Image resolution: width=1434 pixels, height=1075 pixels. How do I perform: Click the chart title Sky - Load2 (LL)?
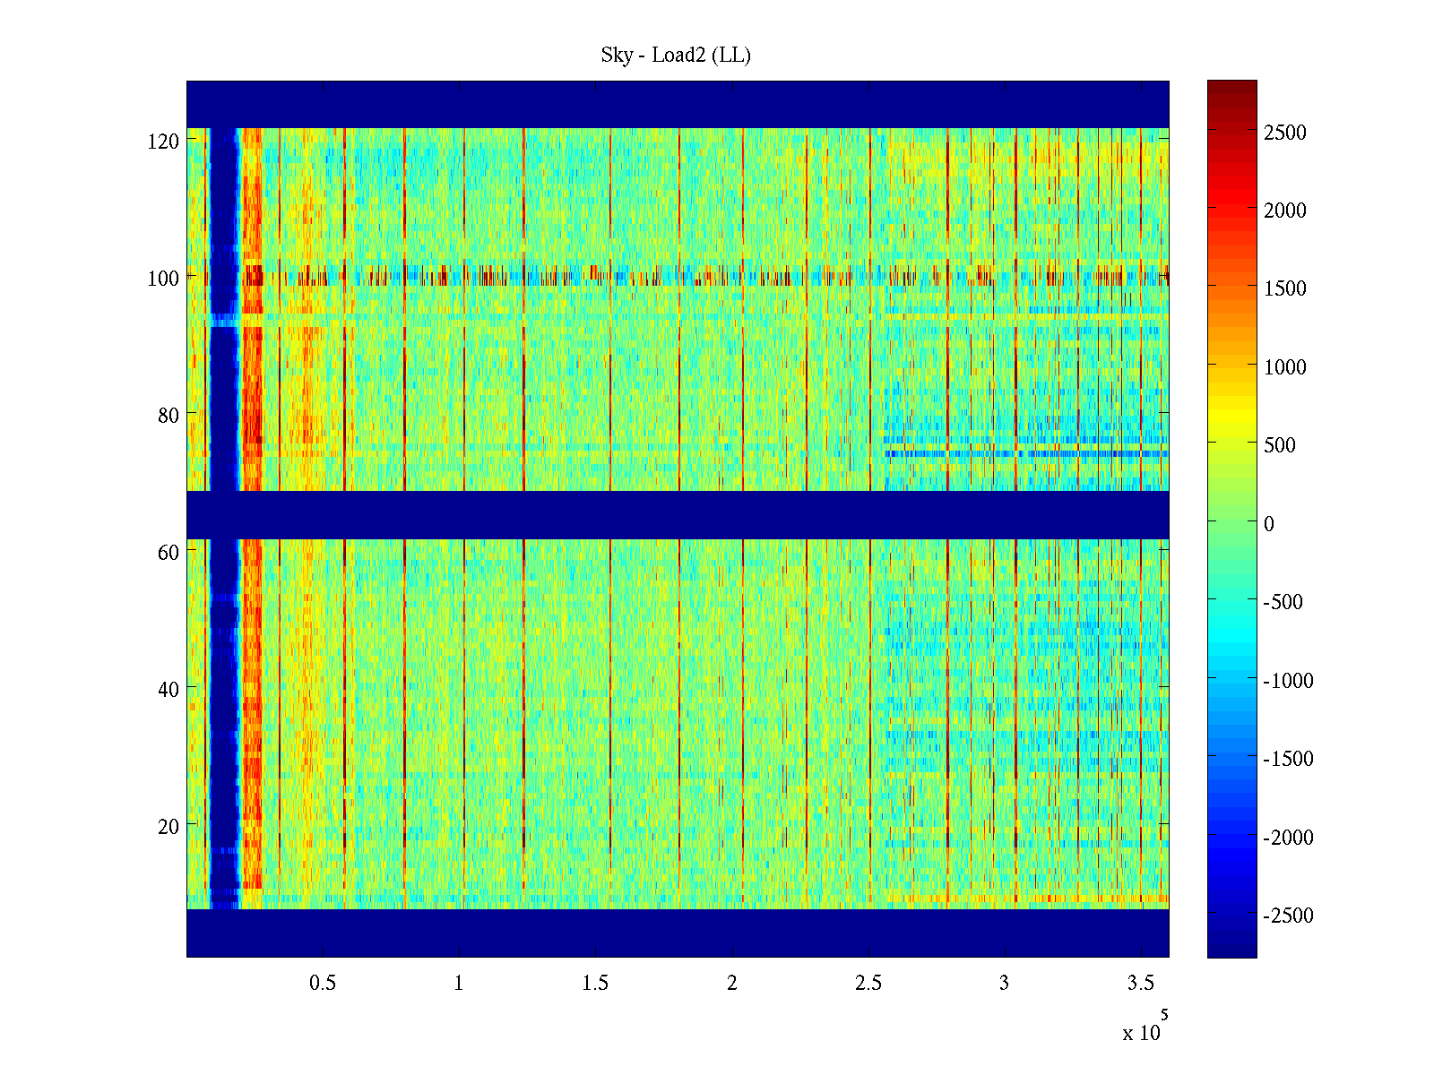tap(676, 56)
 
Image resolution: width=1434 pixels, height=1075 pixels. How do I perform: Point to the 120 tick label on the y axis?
tap(163, 142)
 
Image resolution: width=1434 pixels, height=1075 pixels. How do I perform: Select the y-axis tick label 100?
tap(163, 279)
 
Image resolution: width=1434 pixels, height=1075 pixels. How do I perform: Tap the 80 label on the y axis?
tap(168, 416)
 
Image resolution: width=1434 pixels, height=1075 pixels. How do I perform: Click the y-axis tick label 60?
tap(168, 553)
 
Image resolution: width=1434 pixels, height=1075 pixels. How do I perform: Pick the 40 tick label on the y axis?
tap(168, 690)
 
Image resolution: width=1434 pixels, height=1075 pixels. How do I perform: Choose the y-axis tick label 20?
tap(168, 827)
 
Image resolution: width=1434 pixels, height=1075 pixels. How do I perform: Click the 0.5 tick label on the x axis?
tap(323, 984)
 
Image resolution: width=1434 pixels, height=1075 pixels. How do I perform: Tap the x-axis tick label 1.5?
tap(595, 984)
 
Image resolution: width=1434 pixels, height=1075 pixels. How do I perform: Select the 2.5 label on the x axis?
tap(868, 984)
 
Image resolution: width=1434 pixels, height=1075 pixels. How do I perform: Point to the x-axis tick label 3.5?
tap(1141, 984)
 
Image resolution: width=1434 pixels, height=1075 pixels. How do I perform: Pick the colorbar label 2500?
tap(1285, 133)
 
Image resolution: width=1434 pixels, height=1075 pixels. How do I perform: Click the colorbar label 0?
tap(1268, 524)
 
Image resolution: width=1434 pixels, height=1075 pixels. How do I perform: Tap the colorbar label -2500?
tap(1288, 916)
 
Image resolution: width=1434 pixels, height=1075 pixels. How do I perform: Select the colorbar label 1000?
tap(1285, 367)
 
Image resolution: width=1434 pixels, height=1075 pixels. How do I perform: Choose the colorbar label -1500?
tap(1288, 759)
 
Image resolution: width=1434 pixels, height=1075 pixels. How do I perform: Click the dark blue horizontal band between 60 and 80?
tap(678, 515)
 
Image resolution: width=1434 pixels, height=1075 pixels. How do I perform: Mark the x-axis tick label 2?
tap(732, 984)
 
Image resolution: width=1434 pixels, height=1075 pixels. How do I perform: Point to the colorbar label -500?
tap(1283, 602)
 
